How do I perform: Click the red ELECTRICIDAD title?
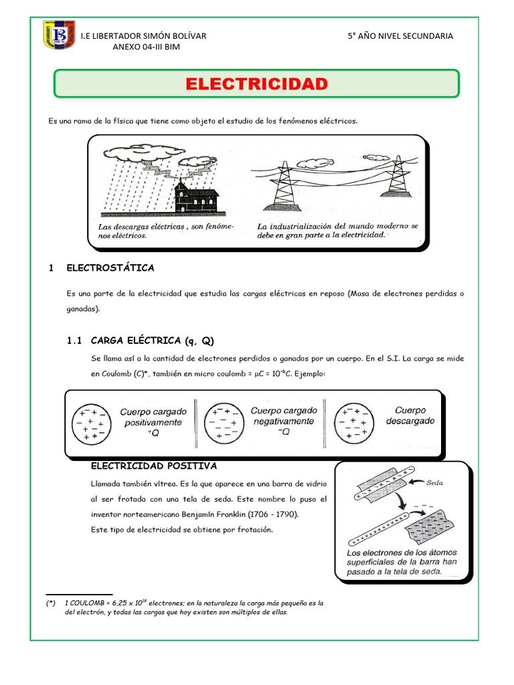(x=256, y=84)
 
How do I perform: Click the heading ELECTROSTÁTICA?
(x=110, y=268)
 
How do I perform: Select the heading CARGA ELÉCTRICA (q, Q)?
(x=151, y=340)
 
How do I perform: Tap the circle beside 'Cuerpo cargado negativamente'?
(x=222, y=423)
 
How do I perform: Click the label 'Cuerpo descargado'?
(x=410, y=416)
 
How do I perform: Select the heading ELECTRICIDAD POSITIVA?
(x=153, y=466)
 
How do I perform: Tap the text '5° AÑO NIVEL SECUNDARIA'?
(x=400, y=36)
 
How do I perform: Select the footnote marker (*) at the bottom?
(x=51, y=603)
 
